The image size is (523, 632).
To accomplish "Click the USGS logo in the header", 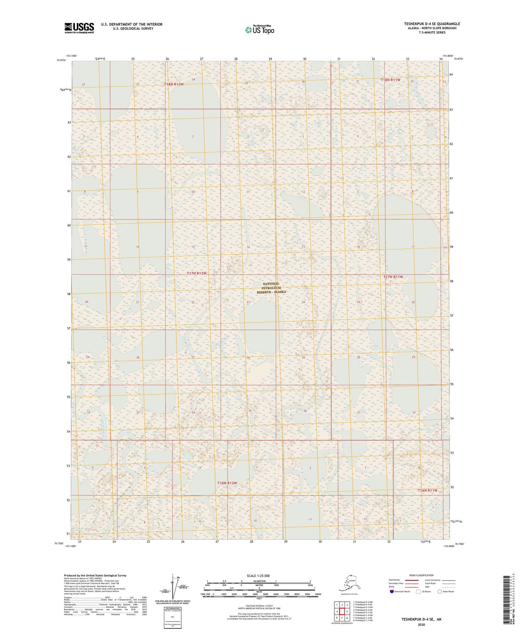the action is pyautogui.click(x=79, y=28).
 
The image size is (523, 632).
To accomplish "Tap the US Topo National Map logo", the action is pyautogui.click(x=259, y=29).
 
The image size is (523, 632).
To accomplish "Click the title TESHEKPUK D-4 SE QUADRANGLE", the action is pyautogui.click(x=432, y=24).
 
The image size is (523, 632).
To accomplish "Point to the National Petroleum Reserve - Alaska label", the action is pyautogui.click(x=271, y=288).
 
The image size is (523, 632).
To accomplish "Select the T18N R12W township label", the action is pyautogui.click(x=174, y=84).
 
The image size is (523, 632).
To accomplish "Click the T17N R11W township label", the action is pyautogui.click(x=393, y=277).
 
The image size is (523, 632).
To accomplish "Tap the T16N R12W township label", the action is pyautogui.click(x=227, y=483).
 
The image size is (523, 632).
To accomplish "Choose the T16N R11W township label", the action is pyautogui.click(x=427, y=490).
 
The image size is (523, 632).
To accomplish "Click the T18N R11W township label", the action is pyautogui.click(x=390, y=80).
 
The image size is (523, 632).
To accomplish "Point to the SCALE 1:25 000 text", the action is pyautogui.click(x=258, y=576).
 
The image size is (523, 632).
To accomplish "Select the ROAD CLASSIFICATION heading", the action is pyautogui.click(x=421, y=575).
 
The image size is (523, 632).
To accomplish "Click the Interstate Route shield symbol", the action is pyautogui.click(x=392, y=591).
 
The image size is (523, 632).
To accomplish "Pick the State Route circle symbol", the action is pyautogui.click(x=440, y=591).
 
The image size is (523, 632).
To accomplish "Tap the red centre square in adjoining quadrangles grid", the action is pyautogui.click(x=342, y=611).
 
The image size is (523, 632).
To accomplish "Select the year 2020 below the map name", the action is pyautogui.click(x=421, y=624).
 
